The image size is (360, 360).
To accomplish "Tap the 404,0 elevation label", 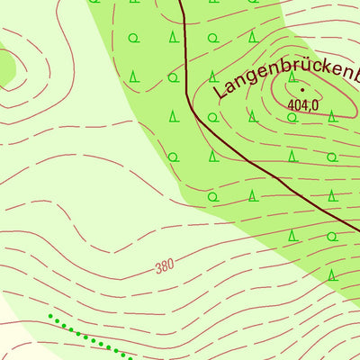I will [x=304, y=105].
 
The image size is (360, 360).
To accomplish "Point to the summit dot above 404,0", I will [x=302, y=90].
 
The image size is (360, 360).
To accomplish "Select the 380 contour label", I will [x=164, y=266].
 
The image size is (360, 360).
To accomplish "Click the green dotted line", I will [x=90, y=337].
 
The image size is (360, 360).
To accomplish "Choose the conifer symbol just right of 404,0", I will [x=332, y=115].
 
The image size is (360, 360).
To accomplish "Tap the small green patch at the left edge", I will [x=5, y=65].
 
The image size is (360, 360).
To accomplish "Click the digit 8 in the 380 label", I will [x=164, y=266].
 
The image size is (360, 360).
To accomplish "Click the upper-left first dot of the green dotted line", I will [x=51, y=317].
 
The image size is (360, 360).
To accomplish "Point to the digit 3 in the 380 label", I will [x=157, y=267].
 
